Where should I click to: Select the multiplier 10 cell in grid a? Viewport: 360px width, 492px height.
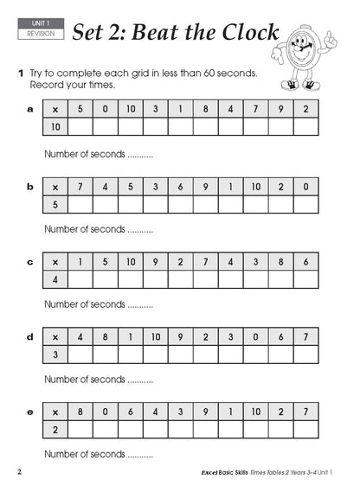pos(55,127)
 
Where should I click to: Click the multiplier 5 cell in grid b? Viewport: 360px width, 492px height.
pos(55,204)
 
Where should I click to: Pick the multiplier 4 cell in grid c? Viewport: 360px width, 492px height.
pos(55,279)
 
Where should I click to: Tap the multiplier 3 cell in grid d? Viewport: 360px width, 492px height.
pos(55,355)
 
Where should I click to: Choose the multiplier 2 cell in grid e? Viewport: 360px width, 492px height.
pos(55,431)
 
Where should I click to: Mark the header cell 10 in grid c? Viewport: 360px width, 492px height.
pos(131,261)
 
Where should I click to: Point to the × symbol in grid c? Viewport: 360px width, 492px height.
pos(55,261)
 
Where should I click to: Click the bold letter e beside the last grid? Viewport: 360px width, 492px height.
pos(30,412)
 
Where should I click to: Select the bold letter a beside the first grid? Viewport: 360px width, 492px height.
pos(30,109)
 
